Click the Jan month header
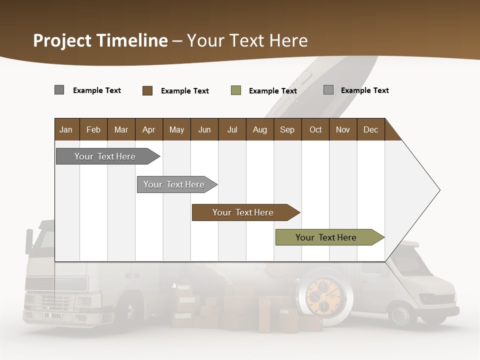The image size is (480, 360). click(x=66, y=129)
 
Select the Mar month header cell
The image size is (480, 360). click(x=121, y=129)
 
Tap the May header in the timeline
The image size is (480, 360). click(x=176, y=129)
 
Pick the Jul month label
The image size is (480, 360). click(x=232, y=129)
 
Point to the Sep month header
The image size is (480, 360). click(x=287, y=129)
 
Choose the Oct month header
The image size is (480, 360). click(x=315, y=129)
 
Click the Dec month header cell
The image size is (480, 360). click(x=370, y=129)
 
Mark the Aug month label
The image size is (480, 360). click(x=259, y=129)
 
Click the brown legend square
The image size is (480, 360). click(x=147, y=90)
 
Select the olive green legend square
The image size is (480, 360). click(x=236, y=90)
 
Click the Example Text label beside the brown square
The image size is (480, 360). click(x=184, y=91)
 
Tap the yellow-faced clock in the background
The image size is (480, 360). click(x=325, y=297)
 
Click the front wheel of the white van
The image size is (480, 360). click(x=400, y=315)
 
